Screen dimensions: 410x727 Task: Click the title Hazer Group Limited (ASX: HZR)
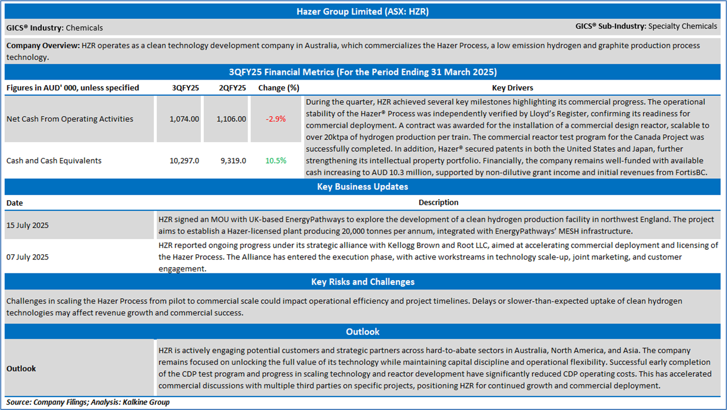(x=363, y=11)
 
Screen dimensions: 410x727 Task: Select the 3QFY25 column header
(x=185, y=88)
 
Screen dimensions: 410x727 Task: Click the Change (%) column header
(x=279, y=88)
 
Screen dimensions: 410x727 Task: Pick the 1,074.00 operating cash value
(x=184, y=119)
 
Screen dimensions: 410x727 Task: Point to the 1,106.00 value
(x=231, y=119)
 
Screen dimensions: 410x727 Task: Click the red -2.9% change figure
(x=276, y=119)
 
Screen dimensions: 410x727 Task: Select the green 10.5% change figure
(x=276, y=161)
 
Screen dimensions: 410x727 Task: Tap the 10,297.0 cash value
(x=184, y=161)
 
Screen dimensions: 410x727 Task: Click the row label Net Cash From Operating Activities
(x=70, y=119)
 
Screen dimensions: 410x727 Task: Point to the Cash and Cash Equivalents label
(x=54, y=161)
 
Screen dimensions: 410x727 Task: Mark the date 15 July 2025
(x=28, y=226)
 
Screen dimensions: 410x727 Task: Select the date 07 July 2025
(x=28, y=257)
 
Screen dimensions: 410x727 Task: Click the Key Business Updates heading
(x=363, y=187)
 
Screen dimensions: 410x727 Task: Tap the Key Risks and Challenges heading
(x=363, y=281)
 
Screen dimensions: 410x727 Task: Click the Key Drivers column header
(x=512, y=88)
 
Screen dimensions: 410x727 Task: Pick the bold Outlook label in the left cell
(x=21, y=369)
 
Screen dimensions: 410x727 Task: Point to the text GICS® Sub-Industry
(x=610, y=26)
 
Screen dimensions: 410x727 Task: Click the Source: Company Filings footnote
(x=88, y=402)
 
